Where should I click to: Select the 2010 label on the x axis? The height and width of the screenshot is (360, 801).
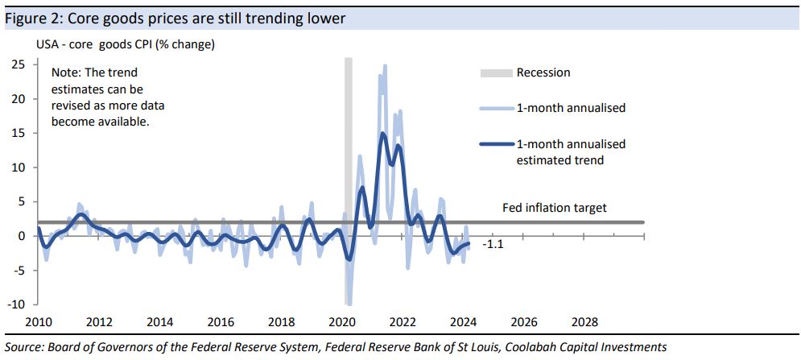pos(39,322)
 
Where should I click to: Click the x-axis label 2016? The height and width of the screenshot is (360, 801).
pos(221,322)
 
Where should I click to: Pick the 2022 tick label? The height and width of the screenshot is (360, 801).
pos(403,322)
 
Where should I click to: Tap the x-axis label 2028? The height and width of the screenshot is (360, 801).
pos(584,322)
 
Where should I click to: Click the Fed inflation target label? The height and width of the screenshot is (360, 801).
pos(555,208)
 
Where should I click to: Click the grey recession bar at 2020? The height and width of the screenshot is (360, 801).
pos(349,161)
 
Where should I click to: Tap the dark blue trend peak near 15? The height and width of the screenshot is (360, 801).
pos(382,134)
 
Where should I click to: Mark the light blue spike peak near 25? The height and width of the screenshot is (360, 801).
pos(385,66)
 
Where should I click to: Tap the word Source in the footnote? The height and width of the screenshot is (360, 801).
pos(24,346)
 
